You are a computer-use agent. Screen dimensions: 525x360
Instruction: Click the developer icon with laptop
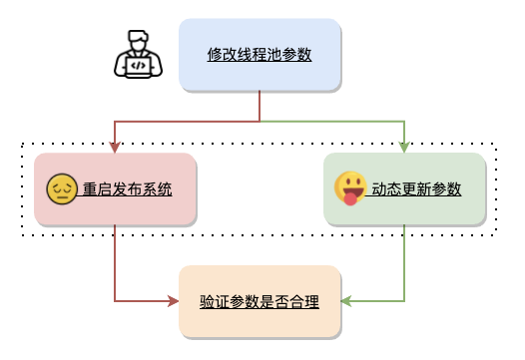138,54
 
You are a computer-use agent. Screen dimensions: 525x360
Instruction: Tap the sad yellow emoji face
62,189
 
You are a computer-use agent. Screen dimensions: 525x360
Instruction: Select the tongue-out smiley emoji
350,188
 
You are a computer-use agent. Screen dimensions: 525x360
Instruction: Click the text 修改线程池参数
260,55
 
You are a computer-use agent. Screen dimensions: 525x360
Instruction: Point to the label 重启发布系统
128,189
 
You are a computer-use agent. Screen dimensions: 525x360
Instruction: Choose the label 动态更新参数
417,189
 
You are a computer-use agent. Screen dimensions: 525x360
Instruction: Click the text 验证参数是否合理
260,302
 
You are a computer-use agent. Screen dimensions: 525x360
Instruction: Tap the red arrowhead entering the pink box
115,148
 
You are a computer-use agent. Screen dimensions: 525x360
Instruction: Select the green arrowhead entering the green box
404,148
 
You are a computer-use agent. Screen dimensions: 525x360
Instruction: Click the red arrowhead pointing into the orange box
173,301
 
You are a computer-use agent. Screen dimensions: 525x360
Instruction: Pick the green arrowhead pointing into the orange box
346,301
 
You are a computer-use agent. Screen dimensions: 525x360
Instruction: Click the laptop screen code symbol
139,66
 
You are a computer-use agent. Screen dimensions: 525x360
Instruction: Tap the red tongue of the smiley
350,199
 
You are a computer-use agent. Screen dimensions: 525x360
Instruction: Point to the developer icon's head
138,40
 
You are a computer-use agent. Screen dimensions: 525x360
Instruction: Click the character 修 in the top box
215,55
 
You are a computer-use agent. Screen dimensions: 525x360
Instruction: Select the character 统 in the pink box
165,189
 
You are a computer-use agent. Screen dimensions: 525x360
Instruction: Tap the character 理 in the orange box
311,302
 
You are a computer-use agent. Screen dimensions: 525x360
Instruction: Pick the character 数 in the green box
454,189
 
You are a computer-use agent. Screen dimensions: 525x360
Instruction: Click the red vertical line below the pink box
115,263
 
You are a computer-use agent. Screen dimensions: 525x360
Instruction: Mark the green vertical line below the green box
404,263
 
